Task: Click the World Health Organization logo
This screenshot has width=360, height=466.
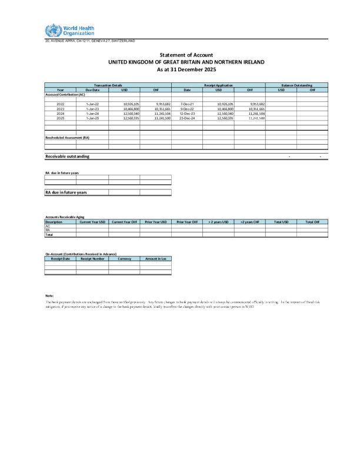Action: [69, 31]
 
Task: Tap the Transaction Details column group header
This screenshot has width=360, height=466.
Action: [108, 85]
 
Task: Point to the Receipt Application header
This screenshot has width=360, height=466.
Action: [218, 85]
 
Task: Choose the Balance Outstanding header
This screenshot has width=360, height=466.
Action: [296, 85]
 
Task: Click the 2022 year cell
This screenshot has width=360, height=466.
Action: [61, 104]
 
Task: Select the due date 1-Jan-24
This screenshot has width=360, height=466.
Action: [92, 114]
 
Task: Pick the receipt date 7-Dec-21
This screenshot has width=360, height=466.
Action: [187, 104]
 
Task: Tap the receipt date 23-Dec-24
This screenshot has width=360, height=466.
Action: [187, 118]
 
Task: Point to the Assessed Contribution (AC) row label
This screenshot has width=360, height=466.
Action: [65, 94]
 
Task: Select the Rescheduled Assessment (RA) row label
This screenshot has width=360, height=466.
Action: [68, 137]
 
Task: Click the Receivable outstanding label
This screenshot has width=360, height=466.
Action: [68, 157]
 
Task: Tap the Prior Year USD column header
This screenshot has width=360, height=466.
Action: [155, 222]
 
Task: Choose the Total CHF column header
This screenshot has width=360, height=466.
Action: [312, 222]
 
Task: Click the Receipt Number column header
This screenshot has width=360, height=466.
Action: [92, 258]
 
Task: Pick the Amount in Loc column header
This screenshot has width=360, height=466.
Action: [155, 258]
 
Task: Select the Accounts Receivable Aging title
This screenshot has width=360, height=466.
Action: [64, 218]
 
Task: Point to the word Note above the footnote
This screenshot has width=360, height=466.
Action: [49, 295]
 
